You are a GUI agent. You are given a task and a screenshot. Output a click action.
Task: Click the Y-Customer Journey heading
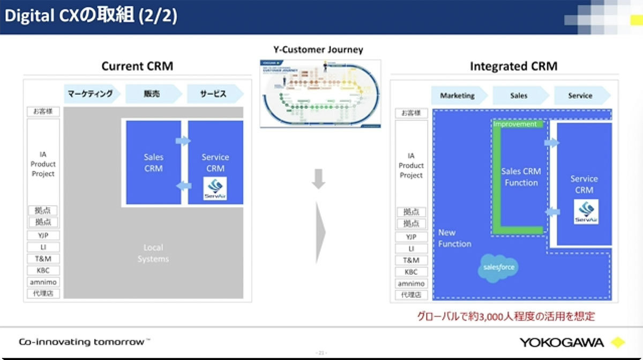click(x=318, y=50)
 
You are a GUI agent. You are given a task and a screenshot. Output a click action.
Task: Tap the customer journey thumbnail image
click(x=320, y=93)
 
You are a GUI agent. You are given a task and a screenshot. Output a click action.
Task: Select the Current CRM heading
click(x=137, y=66)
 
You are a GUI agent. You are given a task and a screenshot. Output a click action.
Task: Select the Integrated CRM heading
click(x=513, y=66)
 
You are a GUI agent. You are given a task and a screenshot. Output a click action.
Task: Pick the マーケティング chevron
click(x=91, y=94)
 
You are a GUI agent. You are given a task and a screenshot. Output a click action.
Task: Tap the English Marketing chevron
click(x=458, y=95)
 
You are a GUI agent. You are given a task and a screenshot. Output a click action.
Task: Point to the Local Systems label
click(x=153, y=253)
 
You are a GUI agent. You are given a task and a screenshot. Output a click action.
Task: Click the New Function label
click(x=454, y=238)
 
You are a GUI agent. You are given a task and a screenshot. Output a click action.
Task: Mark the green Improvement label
click(x=515, y=124)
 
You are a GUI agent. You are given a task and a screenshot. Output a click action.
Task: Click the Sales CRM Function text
click(x=521, y=177)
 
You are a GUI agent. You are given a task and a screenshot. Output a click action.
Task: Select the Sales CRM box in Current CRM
click(x=153, y=162)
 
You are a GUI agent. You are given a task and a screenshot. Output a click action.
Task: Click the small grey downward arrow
click(x=318, y=179)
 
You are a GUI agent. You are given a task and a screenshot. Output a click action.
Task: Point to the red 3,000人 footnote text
click(x=506, y=316)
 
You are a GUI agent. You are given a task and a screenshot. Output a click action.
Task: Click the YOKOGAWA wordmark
click(x=561, y=342)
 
